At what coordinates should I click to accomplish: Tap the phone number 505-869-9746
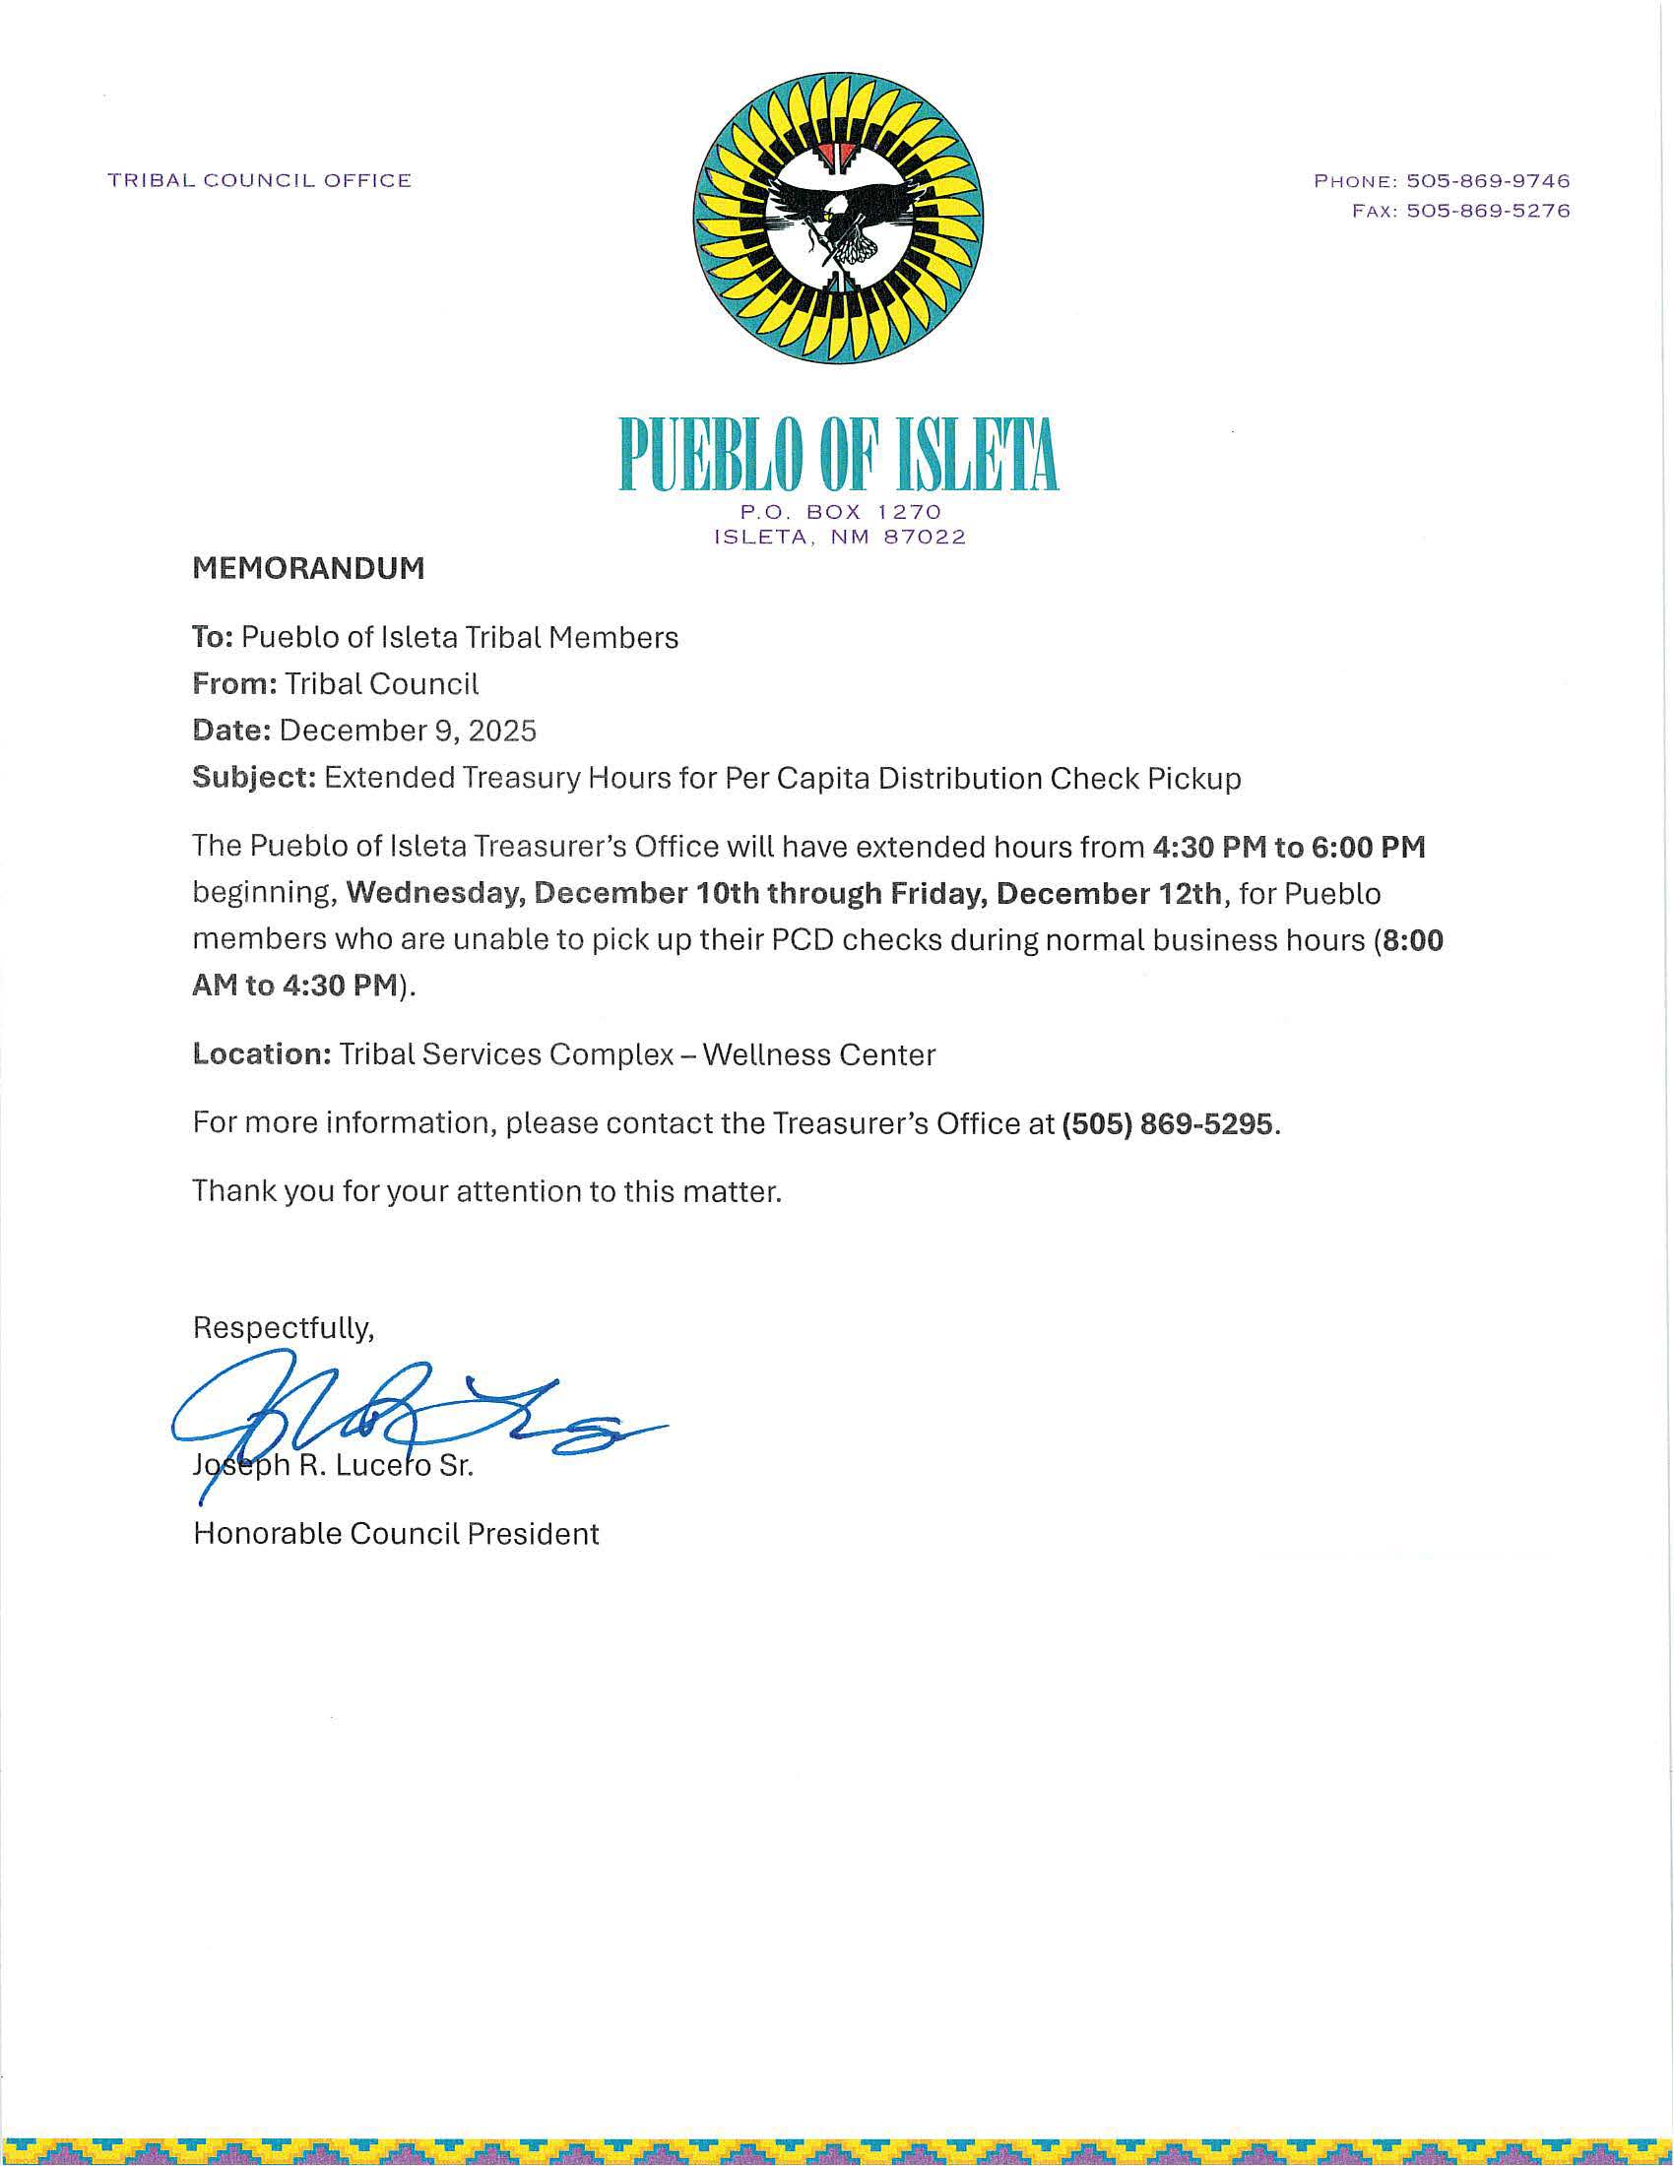pos(1488,180)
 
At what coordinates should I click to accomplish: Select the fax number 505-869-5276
pos(1488,211)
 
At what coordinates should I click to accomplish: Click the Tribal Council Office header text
pos(260,180)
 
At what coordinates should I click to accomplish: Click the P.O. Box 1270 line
pos(840,512)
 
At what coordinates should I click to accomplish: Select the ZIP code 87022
pos(924,538)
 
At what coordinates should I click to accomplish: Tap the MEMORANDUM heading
pos(308,568)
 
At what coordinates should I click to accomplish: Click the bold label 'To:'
pos(213,637)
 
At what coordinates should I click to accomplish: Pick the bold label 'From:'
pos(234,684)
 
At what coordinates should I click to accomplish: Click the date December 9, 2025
pos(408,731)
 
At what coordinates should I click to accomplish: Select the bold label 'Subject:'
pos(254,778)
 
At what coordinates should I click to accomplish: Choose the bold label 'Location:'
pos(262,1054)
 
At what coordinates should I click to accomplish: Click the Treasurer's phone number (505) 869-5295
pos(1166,1123)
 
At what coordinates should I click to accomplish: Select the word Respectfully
pos(283,1328)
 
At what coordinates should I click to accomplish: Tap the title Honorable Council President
pos(396,1534)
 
